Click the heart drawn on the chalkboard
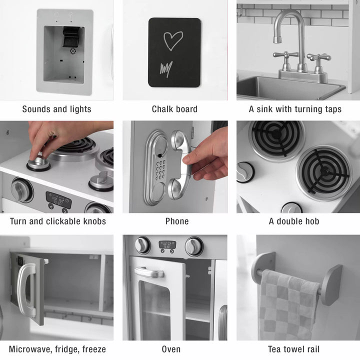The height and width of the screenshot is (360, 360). [173, 41]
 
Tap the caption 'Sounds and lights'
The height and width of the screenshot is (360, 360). [56, 109]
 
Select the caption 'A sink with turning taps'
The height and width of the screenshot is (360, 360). [295, 109]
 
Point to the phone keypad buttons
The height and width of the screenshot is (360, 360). [160, 170]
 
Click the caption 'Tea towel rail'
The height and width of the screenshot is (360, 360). [293, 349]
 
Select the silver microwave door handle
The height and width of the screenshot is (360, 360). [25, 289]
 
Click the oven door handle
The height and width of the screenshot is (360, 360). [148, 272]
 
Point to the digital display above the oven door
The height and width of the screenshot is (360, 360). [167, 244]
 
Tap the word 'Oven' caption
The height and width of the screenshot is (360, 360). [171, 349]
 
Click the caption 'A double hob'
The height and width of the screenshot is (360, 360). [294, 221]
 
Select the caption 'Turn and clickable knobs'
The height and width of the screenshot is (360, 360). [57, 221]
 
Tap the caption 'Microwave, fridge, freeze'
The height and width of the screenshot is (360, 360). [57, 349]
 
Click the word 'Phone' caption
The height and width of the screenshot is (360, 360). [177, 221]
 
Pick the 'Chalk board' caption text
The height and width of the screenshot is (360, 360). [174, 109]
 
